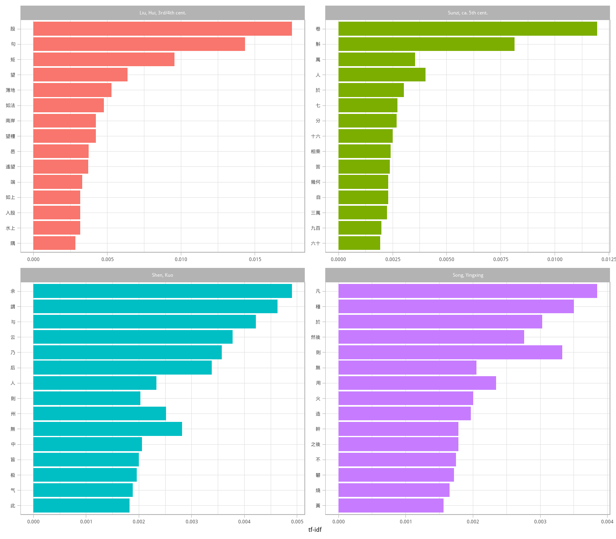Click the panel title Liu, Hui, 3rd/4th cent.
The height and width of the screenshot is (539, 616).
coord(162,13)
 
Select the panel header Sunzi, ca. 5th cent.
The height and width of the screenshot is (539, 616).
coord(468,13)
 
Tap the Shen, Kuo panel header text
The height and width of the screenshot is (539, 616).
coord(162,275)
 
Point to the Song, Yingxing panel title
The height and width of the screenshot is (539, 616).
coord(468,275)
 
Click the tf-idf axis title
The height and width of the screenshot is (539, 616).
coord(315,529)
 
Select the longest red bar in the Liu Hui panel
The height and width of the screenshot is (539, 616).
coord(162,29)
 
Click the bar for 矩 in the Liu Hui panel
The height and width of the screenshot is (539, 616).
coord(104,59)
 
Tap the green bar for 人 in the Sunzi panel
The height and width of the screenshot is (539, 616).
coord(382,75)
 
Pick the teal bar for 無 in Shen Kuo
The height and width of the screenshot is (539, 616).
coord(107,429)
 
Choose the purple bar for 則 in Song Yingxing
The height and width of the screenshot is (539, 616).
coord(450,353)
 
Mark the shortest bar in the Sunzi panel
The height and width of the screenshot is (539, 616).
coord(359,243)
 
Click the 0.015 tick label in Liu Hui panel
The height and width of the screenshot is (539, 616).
coord(255,259)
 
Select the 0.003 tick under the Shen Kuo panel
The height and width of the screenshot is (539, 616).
coord(192,522)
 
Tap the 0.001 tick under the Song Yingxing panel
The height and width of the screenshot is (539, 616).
coord(406,522)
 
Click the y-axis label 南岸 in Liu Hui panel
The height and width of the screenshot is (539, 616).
coord(10,121)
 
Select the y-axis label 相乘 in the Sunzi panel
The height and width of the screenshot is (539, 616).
coord(316,152)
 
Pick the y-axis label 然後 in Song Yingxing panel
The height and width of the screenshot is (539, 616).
coord(316,337)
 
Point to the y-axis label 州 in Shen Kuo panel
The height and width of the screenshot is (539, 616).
coord(13,414)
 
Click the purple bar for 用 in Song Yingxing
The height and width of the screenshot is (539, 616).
coord(417,383)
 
